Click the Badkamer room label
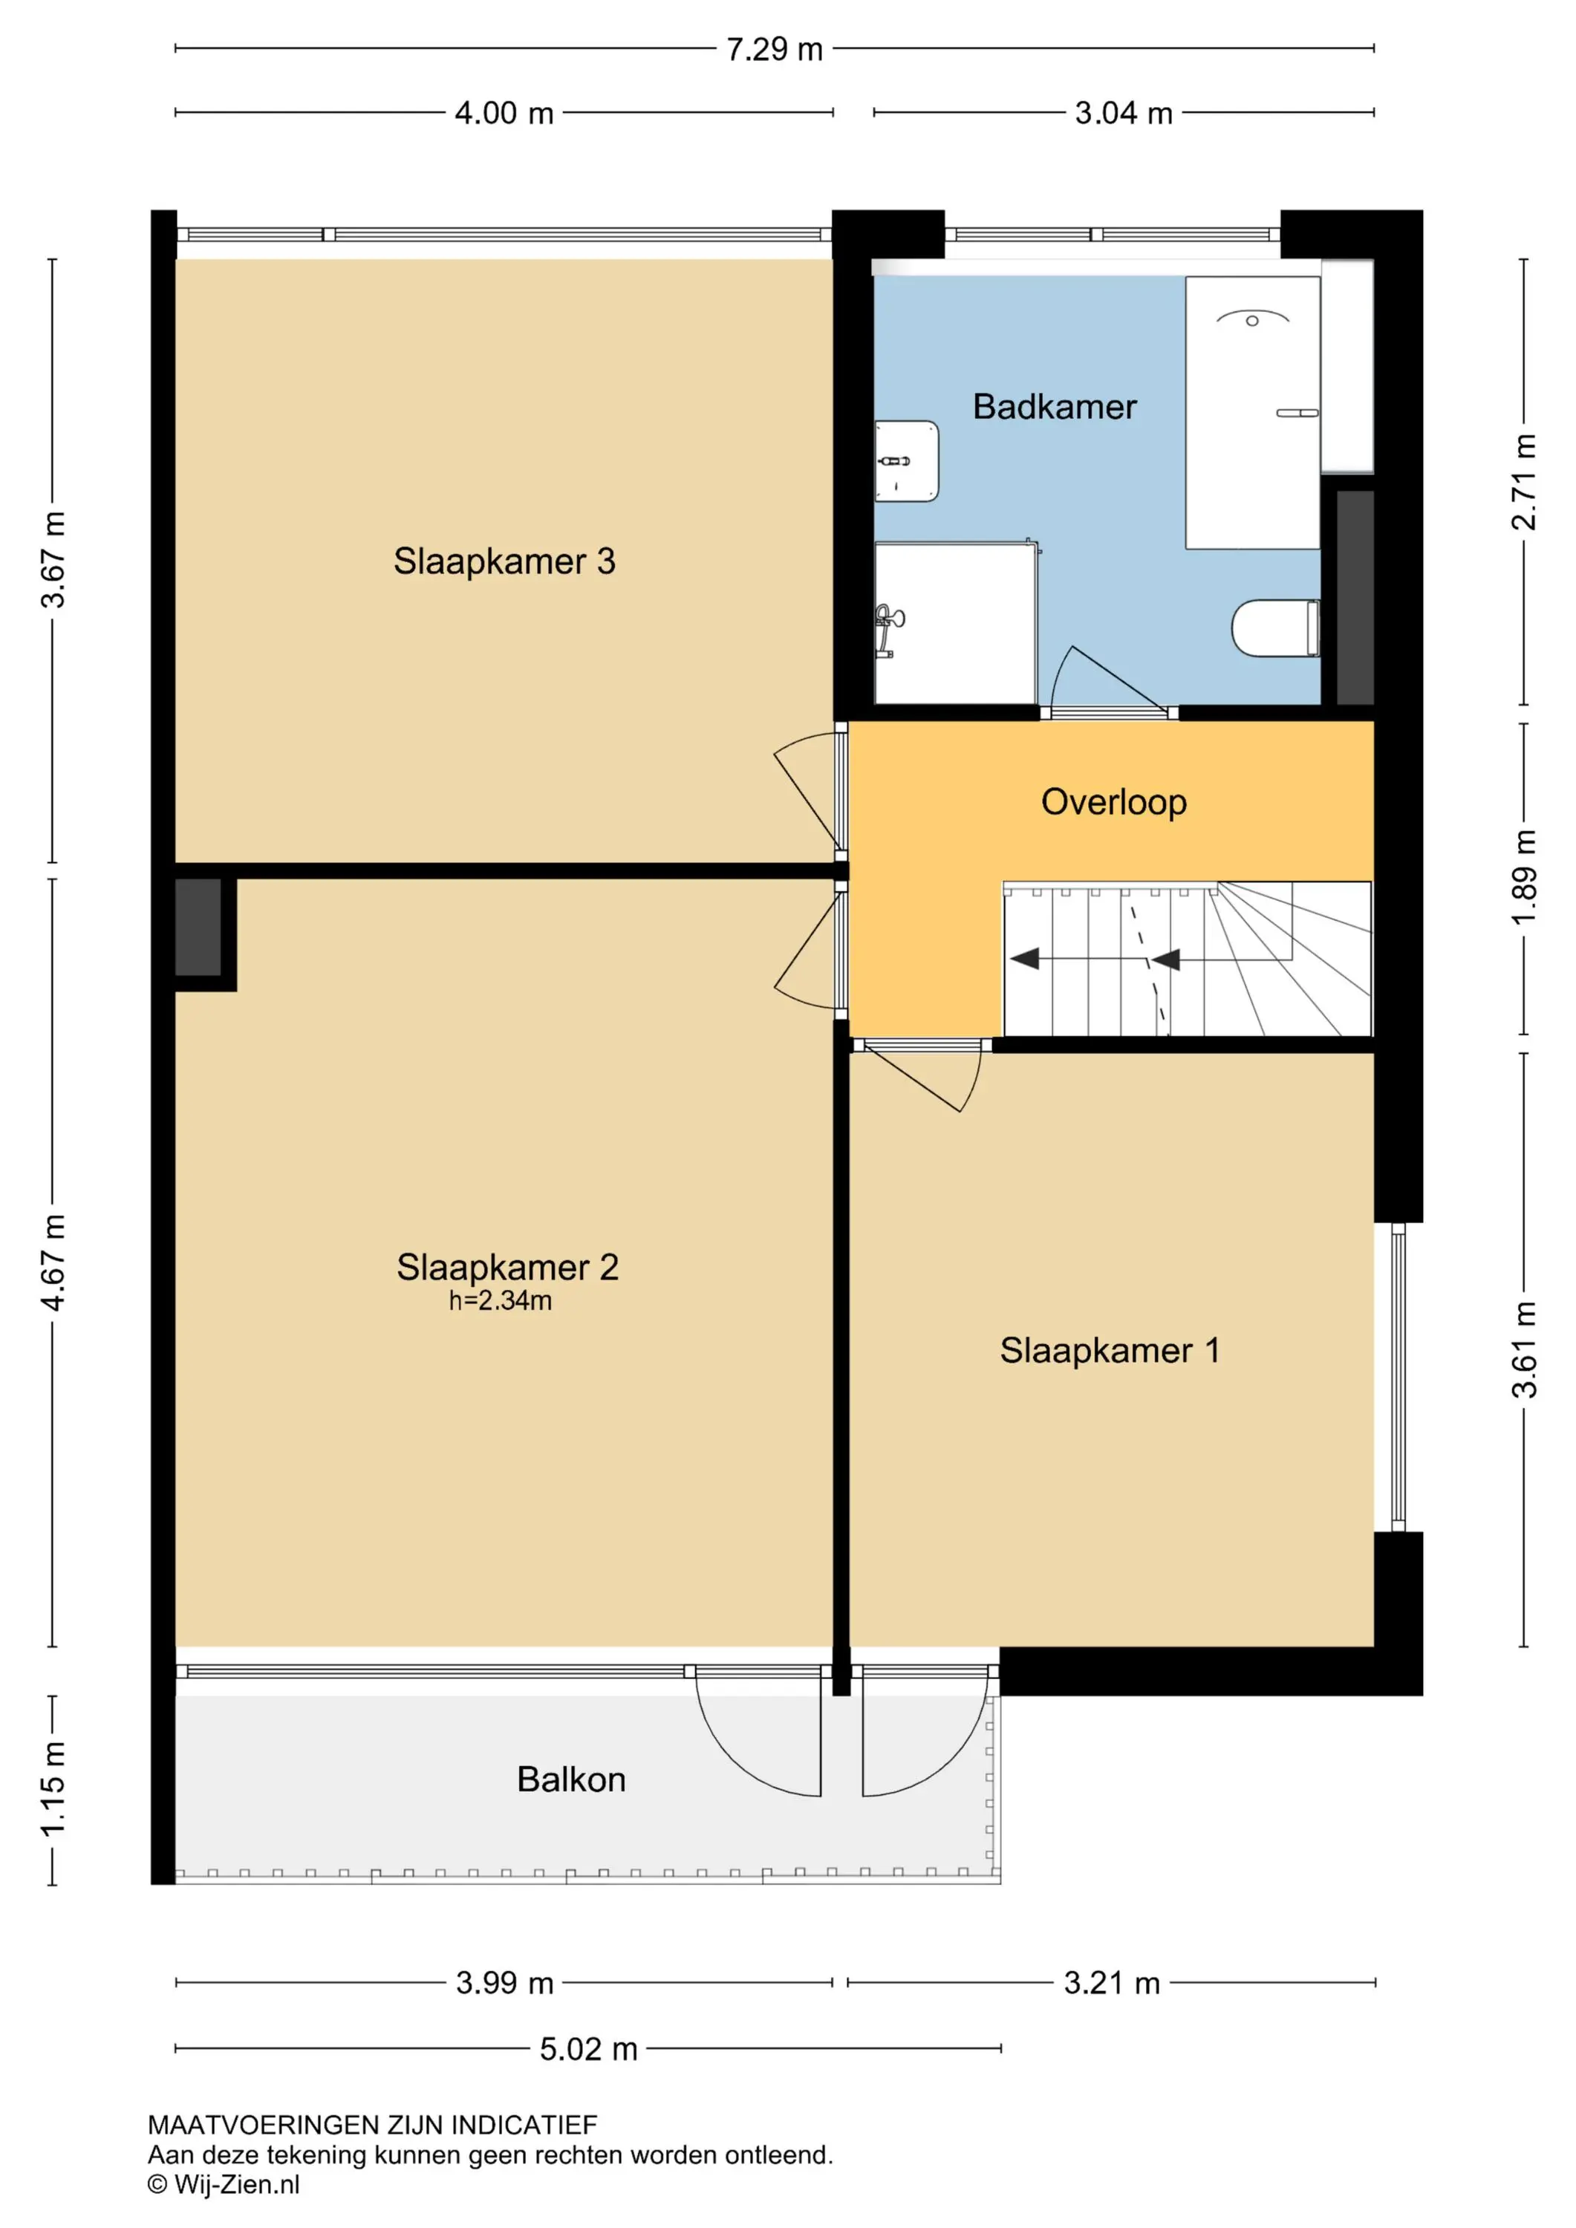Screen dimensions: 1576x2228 pyautogui.click(x=1054, y=406)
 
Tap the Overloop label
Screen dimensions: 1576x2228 pyautogui.click(x=1113, y=803)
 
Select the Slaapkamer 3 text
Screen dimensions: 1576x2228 pyautogui.click(x=504, y=561)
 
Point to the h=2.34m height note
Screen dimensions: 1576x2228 pyautogui.click(x=500, y=1300)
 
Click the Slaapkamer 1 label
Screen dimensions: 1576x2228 pyautogui.click(x=1110, y=1350)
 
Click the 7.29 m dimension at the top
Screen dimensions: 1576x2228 pyautogui.click(x=775, y=48)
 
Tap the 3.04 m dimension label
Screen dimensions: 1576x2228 pyautogui.click(x=1124, y=113)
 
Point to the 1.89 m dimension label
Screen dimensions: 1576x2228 pyautogui.click(x=1525, y=877)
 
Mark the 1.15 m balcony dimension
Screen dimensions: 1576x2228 pyautogui.click(x=53, y=1788)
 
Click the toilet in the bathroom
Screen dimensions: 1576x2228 pyautogui.click(x=1275, y=628)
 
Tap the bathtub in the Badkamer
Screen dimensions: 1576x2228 pyautogui.click(x=1252, y=412)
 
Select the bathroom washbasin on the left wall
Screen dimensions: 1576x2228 pyautogui.click(x=906, y=461)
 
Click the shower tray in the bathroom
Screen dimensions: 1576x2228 pyautogui.click(x=955, y=623)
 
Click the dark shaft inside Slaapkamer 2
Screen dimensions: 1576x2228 pyautogui.click(x=198, y=927)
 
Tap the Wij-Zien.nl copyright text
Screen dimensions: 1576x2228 pyautogui.click(x=224, y=2184)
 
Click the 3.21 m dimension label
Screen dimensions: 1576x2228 pyautogui.click(x=1112, y=1982)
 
